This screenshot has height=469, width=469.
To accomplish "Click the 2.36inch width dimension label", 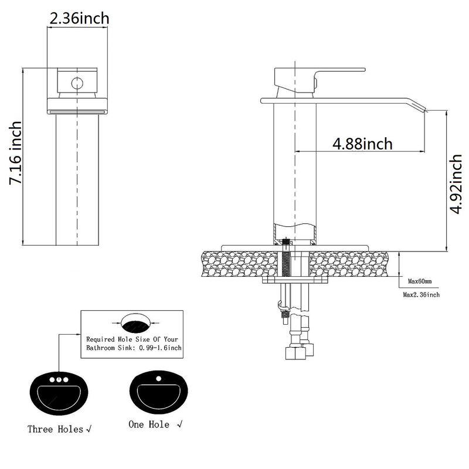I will [x=79, y=18].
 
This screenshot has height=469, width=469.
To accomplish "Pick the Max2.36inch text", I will [x=421, y=294].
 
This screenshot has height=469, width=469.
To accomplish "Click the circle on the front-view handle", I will [x=77, y=83].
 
